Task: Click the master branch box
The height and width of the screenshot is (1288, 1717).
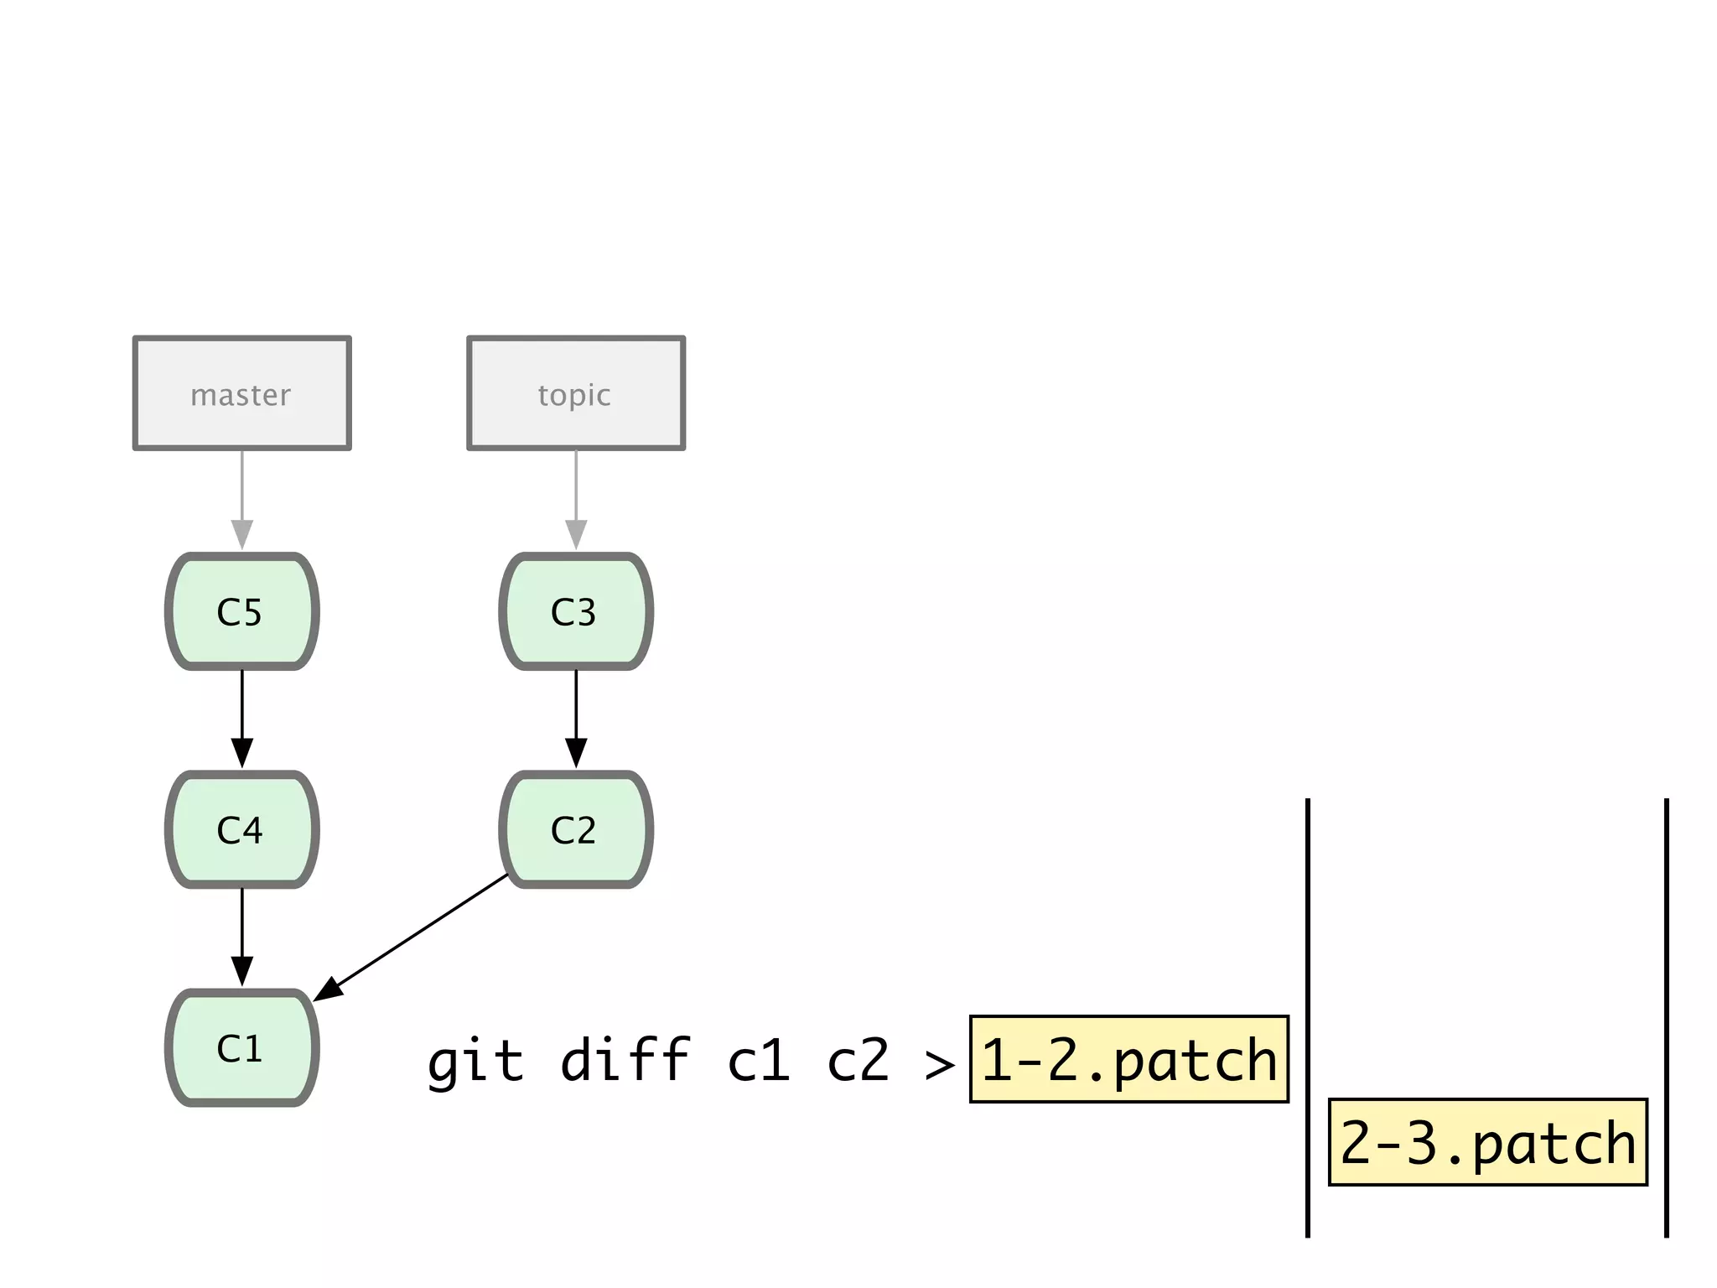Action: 241,393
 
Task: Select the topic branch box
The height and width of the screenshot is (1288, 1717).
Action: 575,393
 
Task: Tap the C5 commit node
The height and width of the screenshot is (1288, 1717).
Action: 241,611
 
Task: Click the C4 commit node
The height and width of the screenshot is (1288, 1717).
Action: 241,829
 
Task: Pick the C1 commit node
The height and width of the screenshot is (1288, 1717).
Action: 241,1047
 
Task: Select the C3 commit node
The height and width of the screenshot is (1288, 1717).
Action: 575,611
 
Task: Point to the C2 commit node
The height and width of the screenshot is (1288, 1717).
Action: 575,829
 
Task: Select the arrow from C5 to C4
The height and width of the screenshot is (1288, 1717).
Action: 241,718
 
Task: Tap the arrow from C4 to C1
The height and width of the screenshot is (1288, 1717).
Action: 241,936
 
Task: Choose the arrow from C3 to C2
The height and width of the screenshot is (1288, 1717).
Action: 575,718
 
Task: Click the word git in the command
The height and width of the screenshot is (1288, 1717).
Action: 475,1062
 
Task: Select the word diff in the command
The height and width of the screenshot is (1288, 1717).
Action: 625,1060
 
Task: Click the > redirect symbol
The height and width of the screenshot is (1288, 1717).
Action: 939,1065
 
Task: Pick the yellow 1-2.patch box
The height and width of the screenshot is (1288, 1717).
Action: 1128,1059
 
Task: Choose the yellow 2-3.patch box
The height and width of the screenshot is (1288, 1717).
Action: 1487,1141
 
